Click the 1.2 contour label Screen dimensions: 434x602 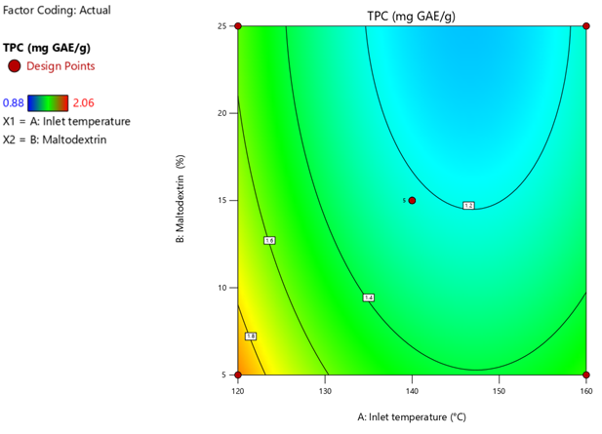[468, 206]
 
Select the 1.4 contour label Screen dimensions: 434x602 [368, 297]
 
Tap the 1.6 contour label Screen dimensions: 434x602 [269, 240]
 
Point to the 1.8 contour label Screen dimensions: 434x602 [251, 336]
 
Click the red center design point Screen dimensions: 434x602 [412, 200]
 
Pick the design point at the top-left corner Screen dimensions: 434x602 [238, 26]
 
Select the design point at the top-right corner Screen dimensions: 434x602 [585, 26]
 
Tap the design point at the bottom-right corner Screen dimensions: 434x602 [585, 375]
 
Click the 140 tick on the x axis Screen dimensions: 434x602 [412, 390]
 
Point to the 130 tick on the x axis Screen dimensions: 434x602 [325, 390]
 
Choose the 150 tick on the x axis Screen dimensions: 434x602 [499, 390]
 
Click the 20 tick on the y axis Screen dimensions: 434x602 [222, 113]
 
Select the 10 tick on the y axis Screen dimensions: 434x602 [222, 288]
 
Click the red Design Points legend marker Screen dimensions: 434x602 [14, 65]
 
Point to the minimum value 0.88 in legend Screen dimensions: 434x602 [13, 102]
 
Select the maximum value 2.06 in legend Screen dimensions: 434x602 [84, 102]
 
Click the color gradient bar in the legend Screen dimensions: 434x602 [48, 102]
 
